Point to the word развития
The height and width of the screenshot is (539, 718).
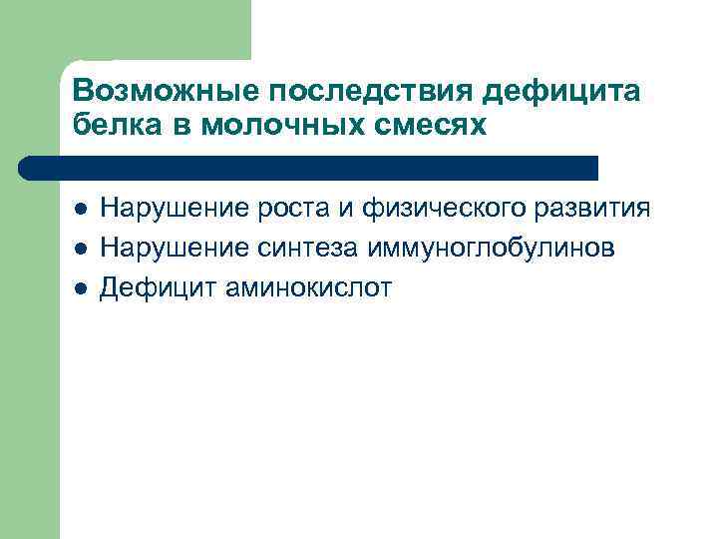[596, 210]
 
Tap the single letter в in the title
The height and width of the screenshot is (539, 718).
[181, 128]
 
